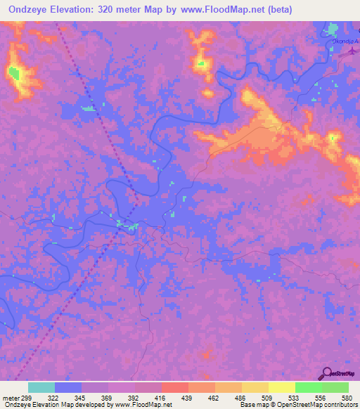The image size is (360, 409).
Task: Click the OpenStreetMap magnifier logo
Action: (x=326, y=373)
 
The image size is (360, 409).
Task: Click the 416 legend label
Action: (x=160, y=398)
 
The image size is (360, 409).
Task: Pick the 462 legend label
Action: (x=214, y=398)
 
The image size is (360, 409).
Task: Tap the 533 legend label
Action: (x=295, y=398)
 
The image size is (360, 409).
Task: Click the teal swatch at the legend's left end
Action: (x=41, y=388)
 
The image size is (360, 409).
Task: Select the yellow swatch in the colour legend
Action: (x=282, y=388)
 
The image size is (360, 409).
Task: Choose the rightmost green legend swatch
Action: (x=335, y=388)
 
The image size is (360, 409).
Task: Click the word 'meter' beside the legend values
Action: (x=11, y=398)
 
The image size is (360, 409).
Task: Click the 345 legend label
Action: (x=80, y=398)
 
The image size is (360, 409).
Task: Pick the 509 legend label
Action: (x=268, y=398)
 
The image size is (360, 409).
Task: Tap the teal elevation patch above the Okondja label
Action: (x=333, y=30)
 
